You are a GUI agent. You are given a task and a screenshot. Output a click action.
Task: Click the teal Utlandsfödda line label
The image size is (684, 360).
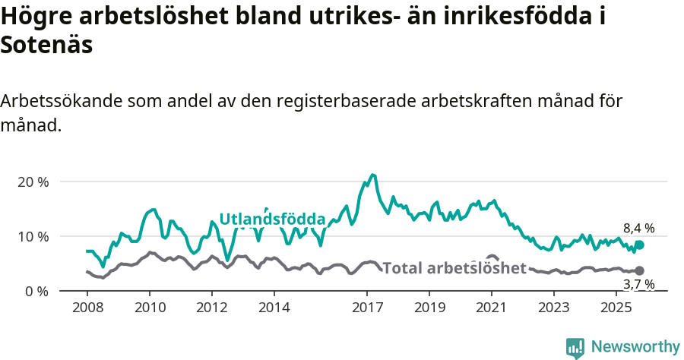pyautogui.click(x=272, y=219)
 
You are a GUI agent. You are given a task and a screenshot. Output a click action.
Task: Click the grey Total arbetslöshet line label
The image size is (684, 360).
pyautogui.click(x=454, y=268)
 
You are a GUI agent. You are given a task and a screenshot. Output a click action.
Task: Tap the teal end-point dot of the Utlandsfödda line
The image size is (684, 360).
pyautogui.click(x=639, y=245)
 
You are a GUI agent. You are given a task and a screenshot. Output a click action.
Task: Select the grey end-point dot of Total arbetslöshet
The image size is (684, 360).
pyautogui.click(x=639, y=270)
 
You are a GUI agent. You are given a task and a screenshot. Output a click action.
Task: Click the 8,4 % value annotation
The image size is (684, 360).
pyautogui.click(x=638, y=228)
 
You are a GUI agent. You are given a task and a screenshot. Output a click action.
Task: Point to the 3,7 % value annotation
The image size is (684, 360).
pyautogui.click(x=638, y=284)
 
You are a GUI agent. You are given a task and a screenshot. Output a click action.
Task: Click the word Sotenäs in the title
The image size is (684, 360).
pyautogui.click(x=46, y=45)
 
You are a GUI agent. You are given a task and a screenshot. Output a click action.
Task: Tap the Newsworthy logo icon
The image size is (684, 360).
pyautogui.click(x=575, y=347)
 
